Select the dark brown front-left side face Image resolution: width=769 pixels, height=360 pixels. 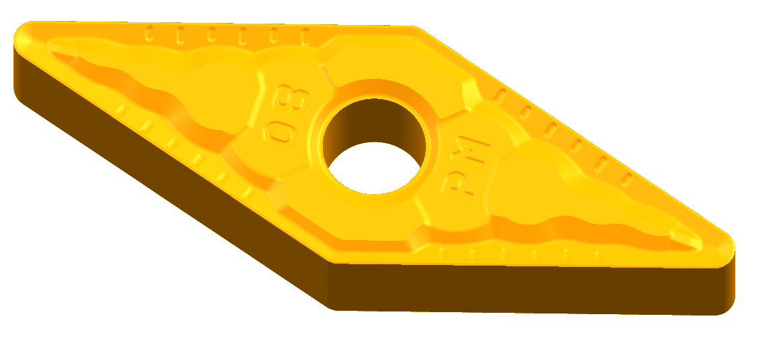[x=168, y=189]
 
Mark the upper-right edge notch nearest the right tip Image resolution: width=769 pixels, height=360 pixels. [x=627, y=180]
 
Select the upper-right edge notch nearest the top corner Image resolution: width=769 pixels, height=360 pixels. [x=499, y=95]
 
